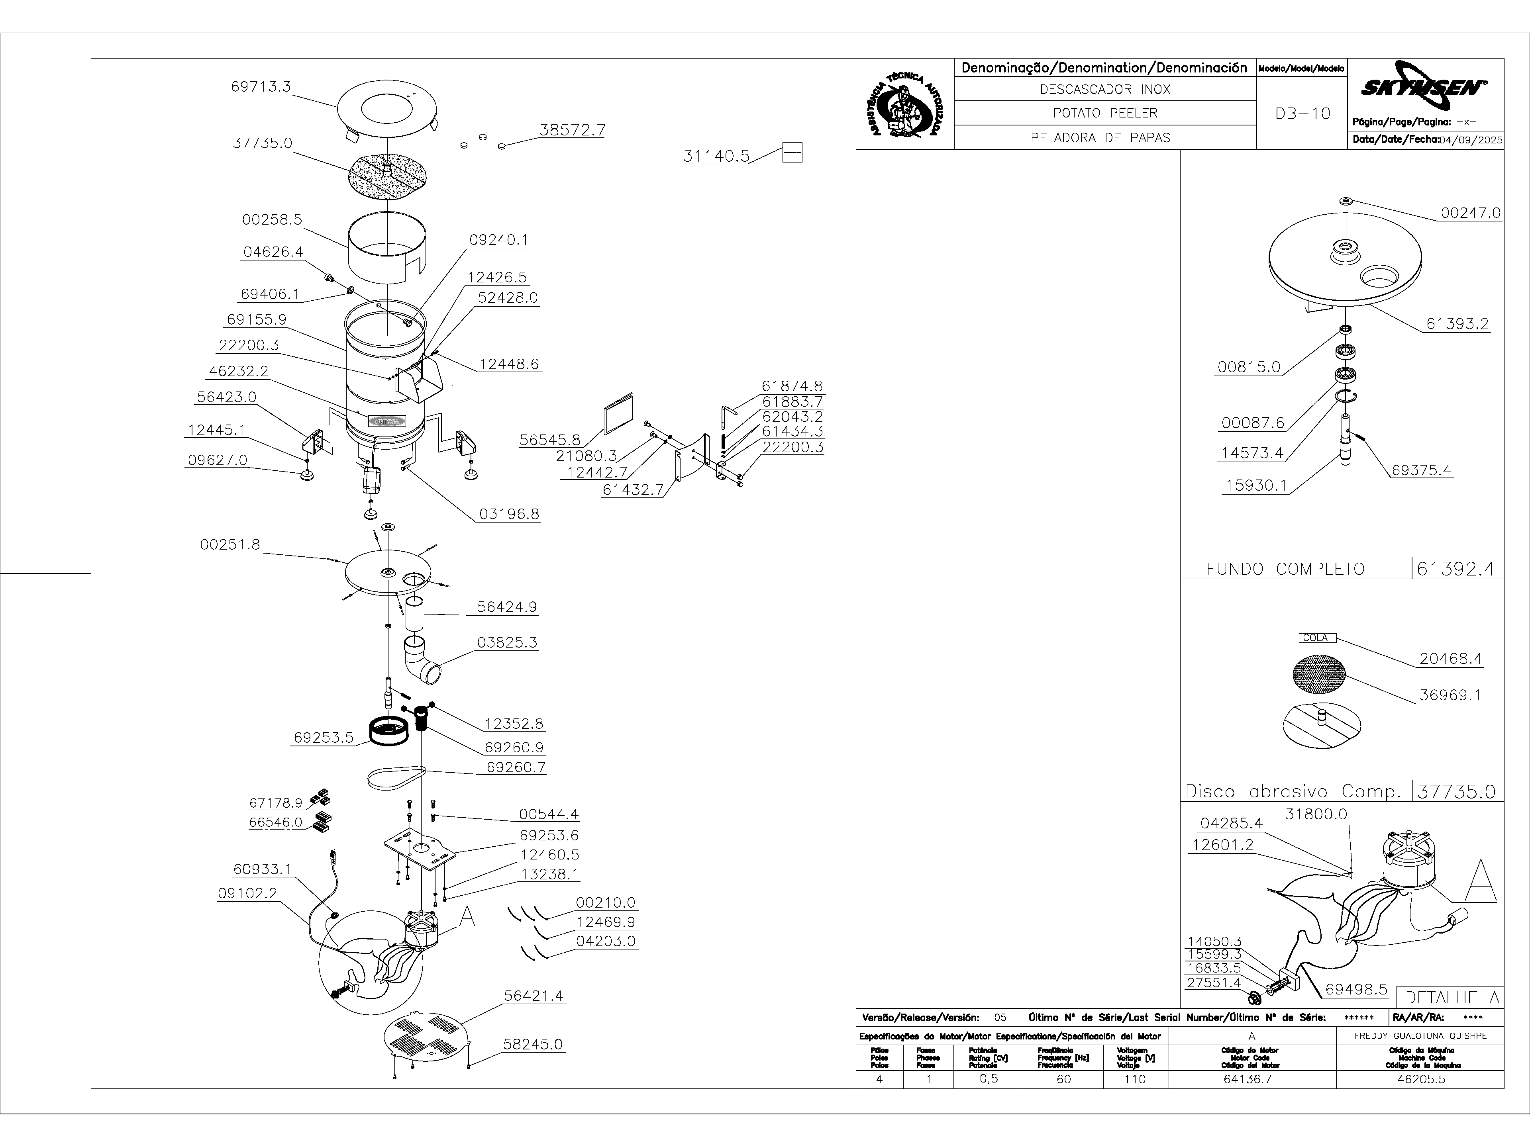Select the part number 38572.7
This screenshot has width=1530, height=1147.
point(572,130)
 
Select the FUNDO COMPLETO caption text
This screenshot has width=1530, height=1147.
point(1285,569)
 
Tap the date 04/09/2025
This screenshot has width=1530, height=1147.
point(1471,140)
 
